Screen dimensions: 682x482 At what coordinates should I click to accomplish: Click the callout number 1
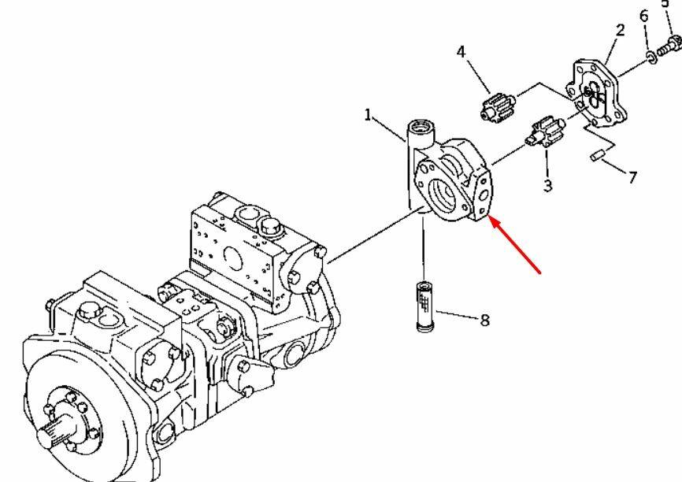click(x=368, y=115)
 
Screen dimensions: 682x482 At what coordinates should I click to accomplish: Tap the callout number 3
click(x=547, y=186)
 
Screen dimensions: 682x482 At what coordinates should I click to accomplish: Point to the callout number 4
click(x=461, y=52)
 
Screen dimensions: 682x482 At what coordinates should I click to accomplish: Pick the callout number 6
click(x=644, y=17)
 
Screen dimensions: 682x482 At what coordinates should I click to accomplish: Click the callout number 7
click(x=633, y=177)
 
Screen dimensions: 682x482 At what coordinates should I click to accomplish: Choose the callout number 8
click(x=485, y=321)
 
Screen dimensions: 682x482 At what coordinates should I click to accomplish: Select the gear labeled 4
click(x=498, y=106)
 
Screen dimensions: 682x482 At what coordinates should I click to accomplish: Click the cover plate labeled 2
click(x=597, y=94)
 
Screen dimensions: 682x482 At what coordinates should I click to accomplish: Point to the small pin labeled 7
click(x=598, y=155)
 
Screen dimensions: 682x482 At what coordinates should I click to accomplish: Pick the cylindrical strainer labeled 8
click(x=424, y=306)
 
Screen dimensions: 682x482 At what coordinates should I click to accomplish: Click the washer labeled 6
click(x=651, y=57)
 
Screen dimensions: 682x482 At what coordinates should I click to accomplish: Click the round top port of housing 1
click(x=421, y=128)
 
